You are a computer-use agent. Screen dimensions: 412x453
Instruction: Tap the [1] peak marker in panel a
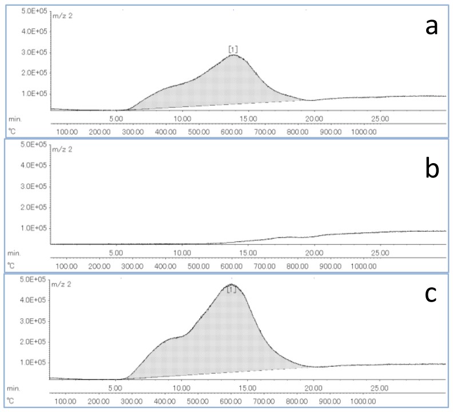[233, 49]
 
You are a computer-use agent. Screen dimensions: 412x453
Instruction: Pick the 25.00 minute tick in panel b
[380, 252]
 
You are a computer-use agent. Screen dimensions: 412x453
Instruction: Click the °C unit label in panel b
[11, 266]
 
